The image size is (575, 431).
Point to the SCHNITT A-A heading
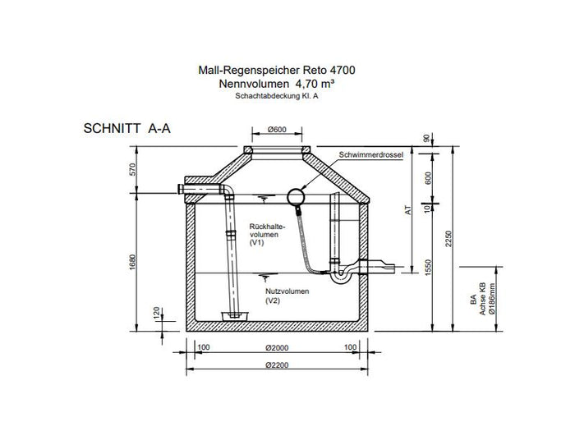pos(127,130)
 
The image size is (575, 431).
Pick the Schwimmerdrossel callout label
pos(370,154)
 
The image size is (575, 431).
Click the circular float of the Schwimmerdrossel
pos(296,196)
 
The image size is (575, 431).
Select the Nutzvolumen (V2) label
pos(283,296)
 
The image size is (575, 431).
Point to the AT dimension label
pos(407,210)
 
